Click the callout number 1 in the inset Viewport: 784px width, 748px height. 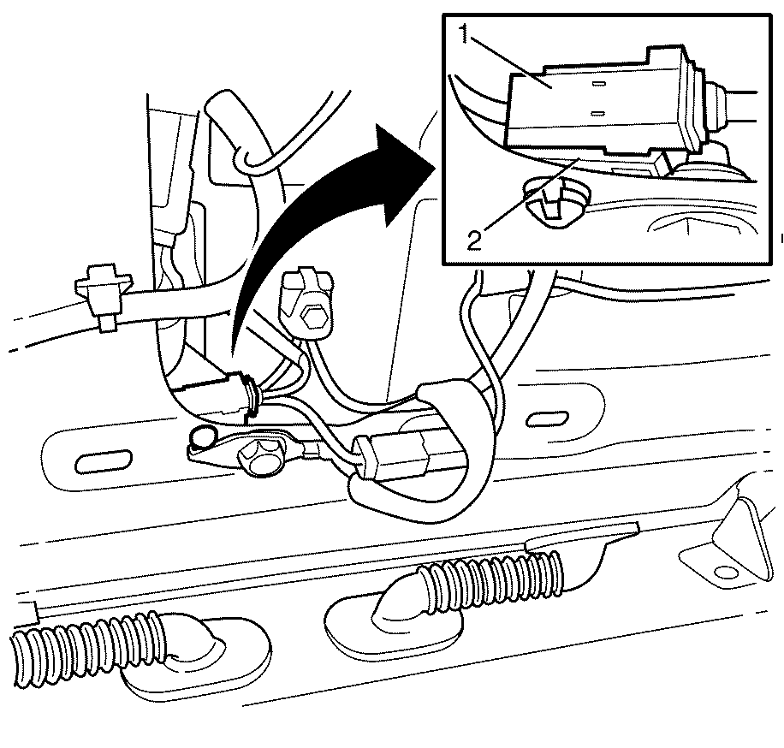465,34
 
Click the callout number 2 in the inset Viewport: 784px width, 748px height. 474,240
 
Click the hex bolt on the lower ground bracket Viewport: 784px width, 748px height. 255,455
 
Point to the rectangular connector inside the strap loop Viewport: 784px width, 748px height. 395,458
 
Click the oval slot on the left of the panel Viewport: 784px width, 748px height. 106,459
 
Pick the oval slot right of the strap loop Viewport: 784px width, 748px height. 547,419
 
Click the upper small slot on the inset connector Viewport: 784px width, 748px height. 599,84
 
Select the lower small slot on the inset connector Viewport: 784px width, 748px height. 597,114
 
